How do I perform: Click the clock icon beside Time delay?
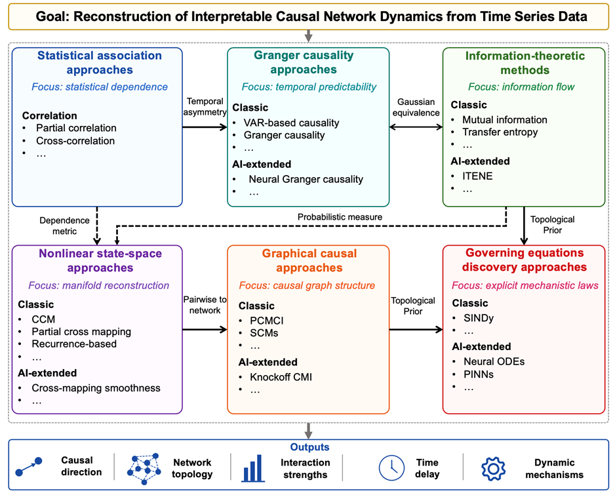click(391, 468)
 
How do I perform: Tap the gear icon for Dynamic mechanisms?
click(493, 468)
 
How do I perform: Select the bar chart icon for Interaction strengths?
click(253, 468)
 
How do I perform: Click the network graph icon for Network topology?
click(144, 469)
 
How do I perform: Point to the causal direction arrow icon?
click(28, 467)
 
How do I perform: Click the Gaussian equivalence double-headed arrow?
click(416, 127)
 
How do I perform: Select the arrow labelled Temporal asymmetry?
click(205, 127)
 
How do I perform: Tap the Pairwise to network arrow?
click(205, 329)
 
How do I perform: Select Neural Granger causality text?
click(306, 179)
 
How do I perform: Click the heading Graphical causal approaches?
click(309, 260)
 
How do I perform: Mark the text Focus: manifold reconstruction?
click(98, 285)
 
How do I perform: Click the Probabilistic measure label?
click(340, 217)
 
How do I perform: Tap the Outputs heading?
click(309, 446)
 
